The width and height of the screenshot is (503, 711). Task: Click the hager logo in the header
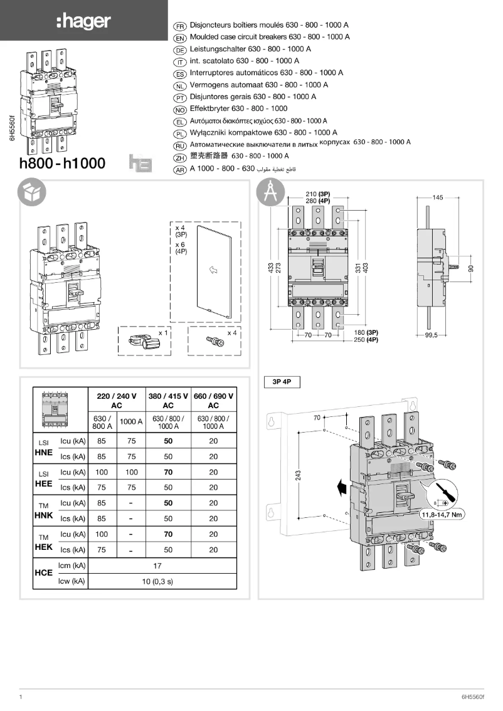click(83, 22)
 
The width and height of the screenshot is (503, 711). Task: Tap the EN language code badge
click(179, 38)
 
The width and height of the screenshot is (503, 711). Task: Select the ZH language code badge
click(179, 157)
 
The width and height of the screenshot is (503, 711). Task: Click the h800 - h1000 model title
click(63, 164)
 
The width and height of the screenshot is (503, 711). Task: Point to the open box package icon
click(31, 193)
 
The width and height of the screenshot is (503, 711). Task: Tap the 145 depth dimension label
click(437, 197)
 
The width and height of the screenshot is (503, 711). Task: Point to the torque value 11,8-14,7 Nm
click(442, 515)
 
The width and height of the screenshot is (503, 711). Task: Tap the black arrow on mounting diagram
click(341, 487)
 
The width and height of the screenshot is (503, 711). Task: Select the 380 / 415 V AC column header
click(168, 401)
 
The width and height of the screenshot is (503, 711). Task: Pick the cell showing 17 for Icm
click(157, 566)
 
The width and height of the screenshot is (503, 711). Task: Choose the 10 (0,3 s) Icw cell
click(157, 581)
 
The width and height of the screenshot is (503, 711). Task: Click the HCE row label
click(43, 574)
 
